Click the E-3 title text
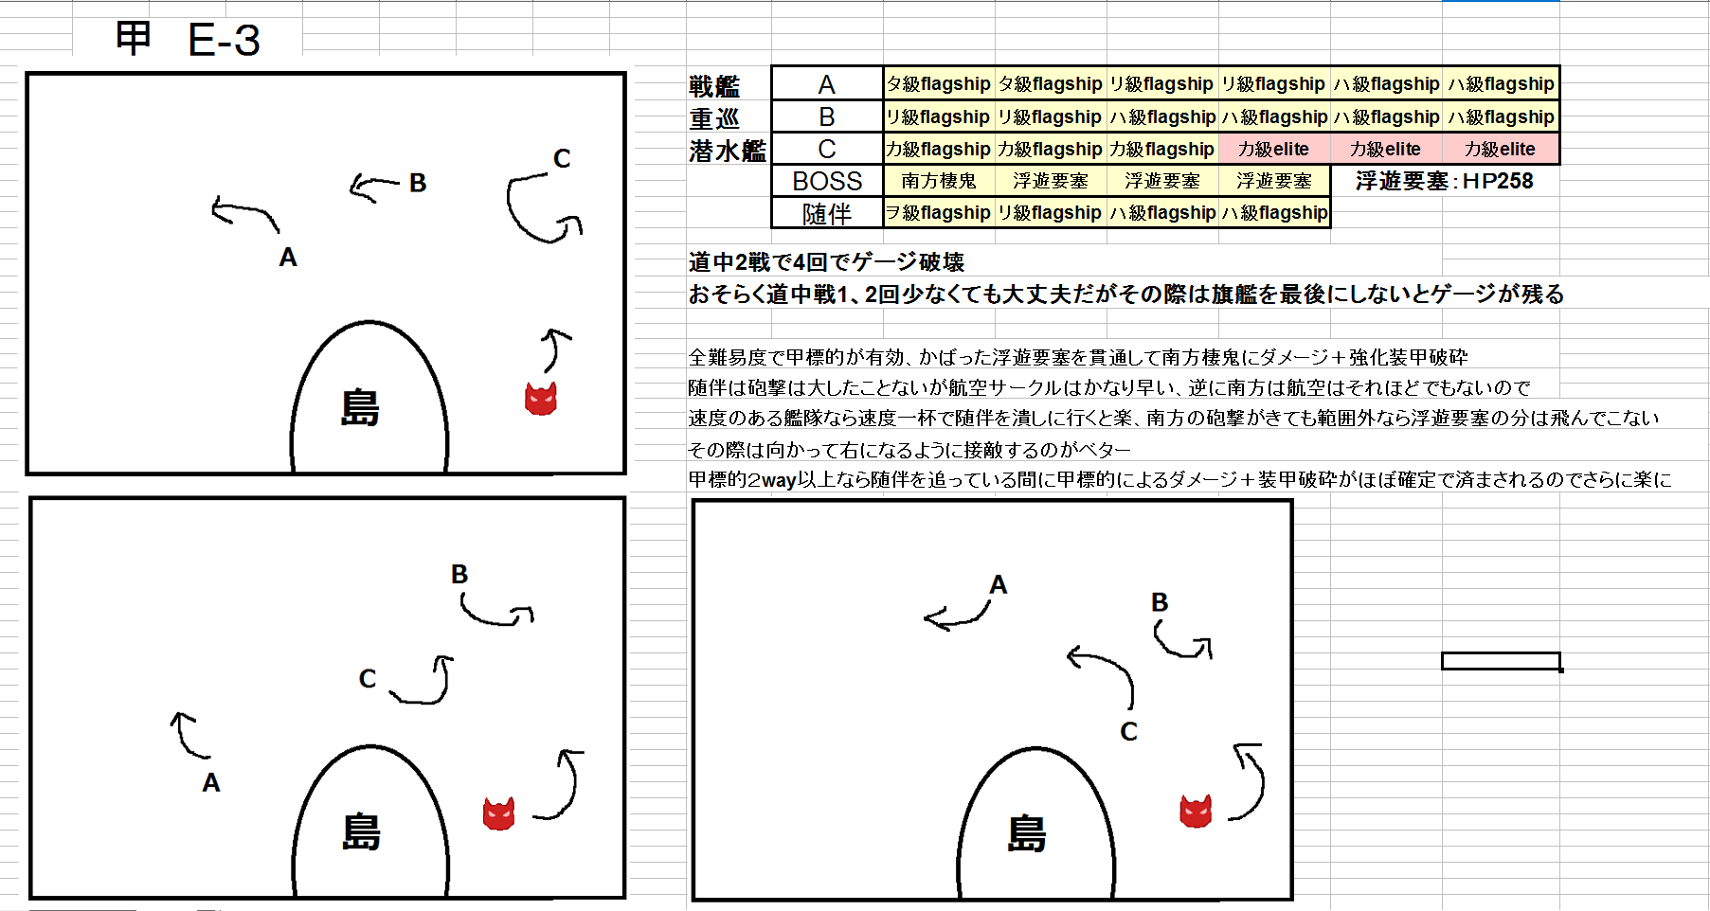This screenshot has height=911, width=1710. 224,40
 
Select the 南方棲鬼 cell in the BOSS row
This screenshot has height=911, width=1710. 939,181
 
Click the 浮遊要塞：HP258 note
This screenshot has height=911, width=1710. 1444,181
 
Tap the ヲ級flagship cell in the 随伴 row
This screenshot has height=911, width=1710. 939,213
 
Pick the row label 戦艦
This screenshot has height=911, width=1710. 714,86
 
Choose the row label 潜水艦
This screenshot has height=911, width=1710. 728,151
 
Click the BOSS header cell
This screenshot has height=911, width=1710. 827,181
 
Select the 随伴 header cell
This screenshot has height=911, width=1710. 827,213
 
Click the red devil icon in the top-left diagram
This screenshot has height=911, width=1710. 541,399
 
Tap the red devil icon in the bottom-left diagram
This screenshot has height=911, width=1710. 499,813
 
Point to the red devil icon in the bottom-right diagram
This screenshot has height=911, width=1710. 1196,811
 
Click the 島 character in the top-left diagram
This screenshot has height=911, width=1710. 360,408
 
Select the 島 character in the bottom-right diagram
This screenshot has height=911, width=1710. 1027,834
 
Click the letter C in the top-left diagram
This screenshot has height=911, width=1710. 562,158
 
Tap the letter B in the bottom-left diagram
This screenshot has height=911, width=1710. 459,574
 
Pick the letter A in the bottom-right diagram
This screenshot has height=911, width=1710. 998,585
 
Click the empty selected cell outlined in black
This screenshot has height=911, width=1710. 1501,661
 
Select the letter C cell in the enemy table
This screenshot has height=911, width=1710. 827,149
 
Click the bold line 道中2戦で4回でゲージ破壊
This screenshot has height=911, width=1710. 826,262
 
